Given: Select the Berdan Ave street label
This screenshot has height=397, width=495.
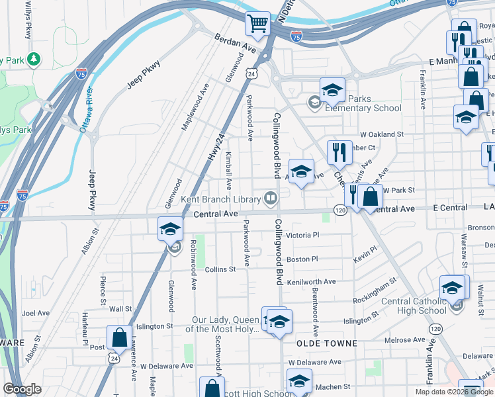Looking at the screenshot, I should [234, 44].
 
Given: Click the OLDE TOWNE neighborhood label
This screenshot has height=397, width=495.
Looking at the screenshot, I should [327, 343].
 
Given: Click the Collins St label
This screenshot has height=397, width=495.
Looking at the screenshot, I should [220, 269].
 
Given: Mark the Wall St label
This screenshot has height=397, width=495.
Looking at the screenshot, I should [120, 309].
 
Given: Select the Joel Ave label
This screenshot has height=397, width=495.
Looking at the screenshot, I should [36, 313].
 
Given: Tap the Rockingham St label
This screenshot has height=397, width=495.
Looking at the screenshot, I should [375, 288].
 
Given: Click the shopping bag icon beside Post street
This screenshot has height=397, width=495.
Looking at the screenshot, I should [119, 337].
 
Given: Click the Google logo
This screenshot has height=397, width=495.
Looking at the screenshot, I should [22, 390].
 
